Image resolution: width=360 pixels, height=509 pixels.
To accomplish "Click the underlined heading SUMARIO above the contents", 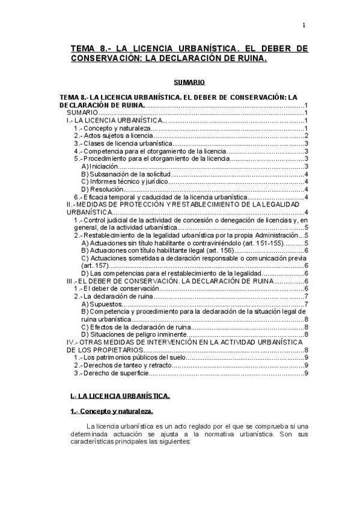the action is pos(189,82).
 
